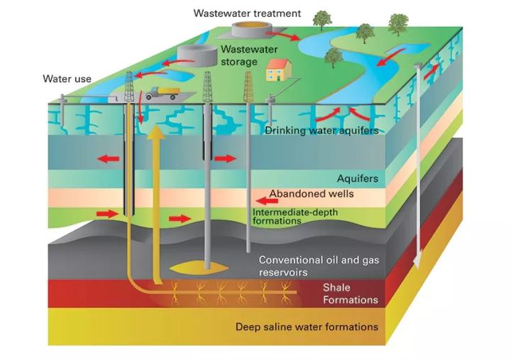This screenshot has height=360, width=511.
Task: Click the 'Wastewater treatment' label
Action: tap(248, 13)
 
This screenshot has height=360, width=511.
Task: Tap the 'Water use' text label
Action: tap(67, 78)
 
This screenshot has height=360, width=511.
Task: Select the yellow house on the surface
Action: tap(278, 70)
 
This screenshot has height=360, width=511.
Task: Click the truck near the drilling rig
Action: tap(161, 93)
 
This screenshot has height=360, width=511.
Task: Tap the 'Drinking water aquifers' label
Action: tap(321, 130)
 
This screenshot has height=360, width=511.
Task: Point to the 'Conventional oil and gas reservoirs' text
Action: tap(319, 266)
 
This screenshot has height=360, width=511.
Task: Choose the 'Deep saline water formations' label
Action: tap(307, 327)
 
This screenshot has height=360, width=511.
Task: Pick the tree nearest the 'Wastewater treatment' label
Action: tap(322, 19)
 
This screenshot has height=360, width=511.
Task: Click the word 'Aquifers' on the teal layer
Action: tap(358, 178)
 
